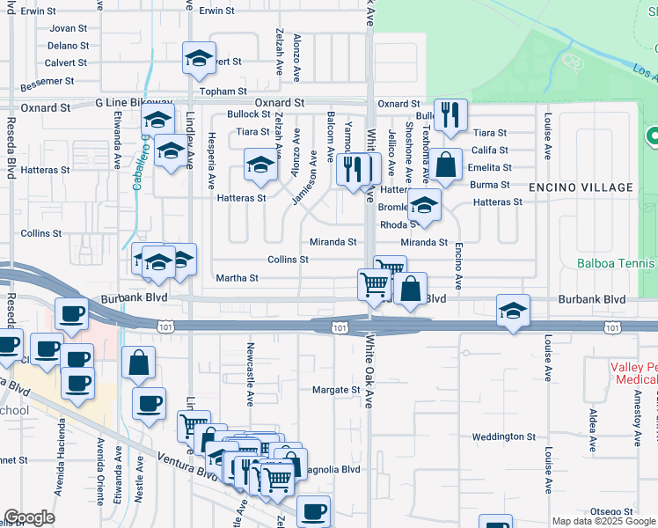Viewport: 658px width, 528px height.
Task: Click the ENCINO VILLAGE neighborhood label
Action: coord(581,187)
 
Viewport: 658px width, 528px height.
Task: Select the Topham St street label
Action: coord(223,92)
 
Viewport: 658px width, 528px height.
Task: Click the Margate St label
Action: coord(337,390)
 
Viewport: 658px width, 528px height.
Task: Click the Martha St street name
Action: coord(238,278)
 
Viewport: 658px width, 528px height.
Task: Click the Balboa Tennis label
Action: coord(617,263)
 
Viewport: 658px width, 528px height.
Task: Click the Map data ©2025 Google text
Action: coord(603,521)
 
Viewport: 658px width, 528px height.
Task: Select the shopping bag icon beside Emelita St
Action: coord(446,165)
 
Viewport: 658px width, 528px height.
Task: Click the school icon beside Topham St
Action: coord(200,59)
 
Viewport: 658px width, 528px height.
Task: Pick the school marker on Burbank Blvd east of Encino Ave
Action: coord(513,310)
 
